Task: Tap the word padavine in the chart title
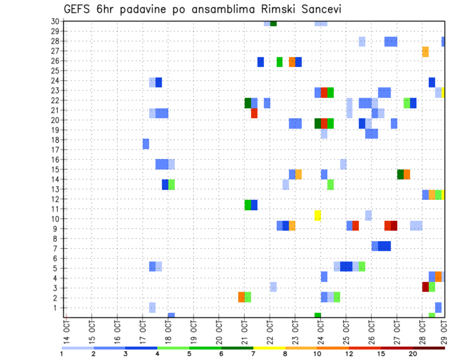pyautogui.click(x=143, y=9)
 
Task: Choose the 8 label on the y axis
pyautogui.click(x=56, y=239)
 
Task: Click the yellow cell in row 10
pyautogui.click(x=317, y=215)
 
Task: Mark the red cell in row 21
pyautogui.click(x=254, y=113)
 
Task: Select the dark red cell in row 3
pyautogui.click(x=425, y=287)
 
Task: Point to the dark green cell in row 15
pyautogui.click(x=400, y=174)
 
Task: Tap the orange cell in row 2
pyautogui.click(x=241, y=297)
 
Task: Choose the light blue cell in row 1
pyautogui.click(x=152, y=307)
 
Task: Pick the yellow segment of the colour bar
pyautogui.click(x=269, y=348)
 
